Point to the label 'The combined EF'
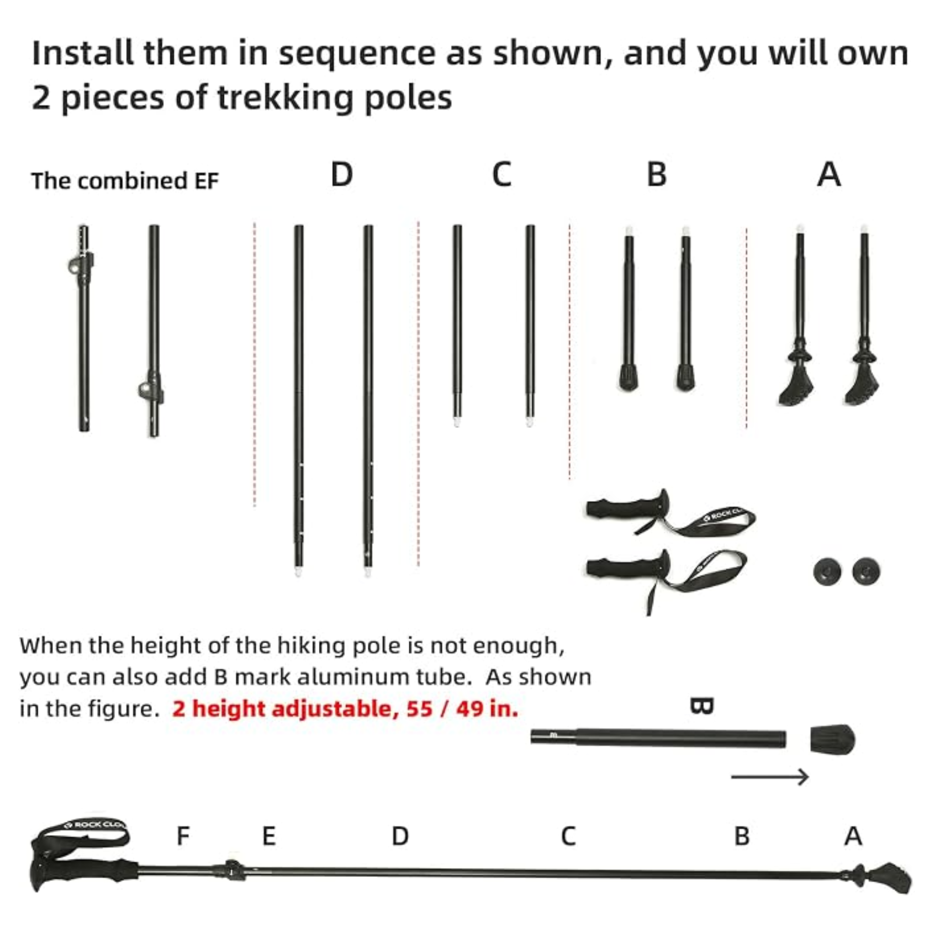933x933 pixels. tap(125, 181)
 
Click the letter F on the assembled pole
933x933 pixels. tap(183, 836)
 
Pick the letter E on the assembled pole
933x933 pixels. tap(269, 836)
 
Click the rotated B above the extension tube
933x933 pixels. tap(701, 706)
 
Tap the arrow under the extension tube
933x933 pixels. tap(770, 777)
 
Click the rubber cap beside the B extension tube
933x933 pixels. tap(832, 739)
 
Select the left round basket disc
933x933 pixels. tap(827, 572)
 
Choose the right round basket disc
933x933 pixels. tap(866, 572)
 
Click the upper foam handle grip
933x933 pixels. tap(627, 508)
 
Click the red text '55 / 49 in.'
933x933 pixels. tap(463, 709)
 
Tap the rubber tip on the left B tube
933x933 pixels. tap(628, 378)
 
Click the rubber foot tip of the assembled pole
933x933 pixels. tap(894, 879)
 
